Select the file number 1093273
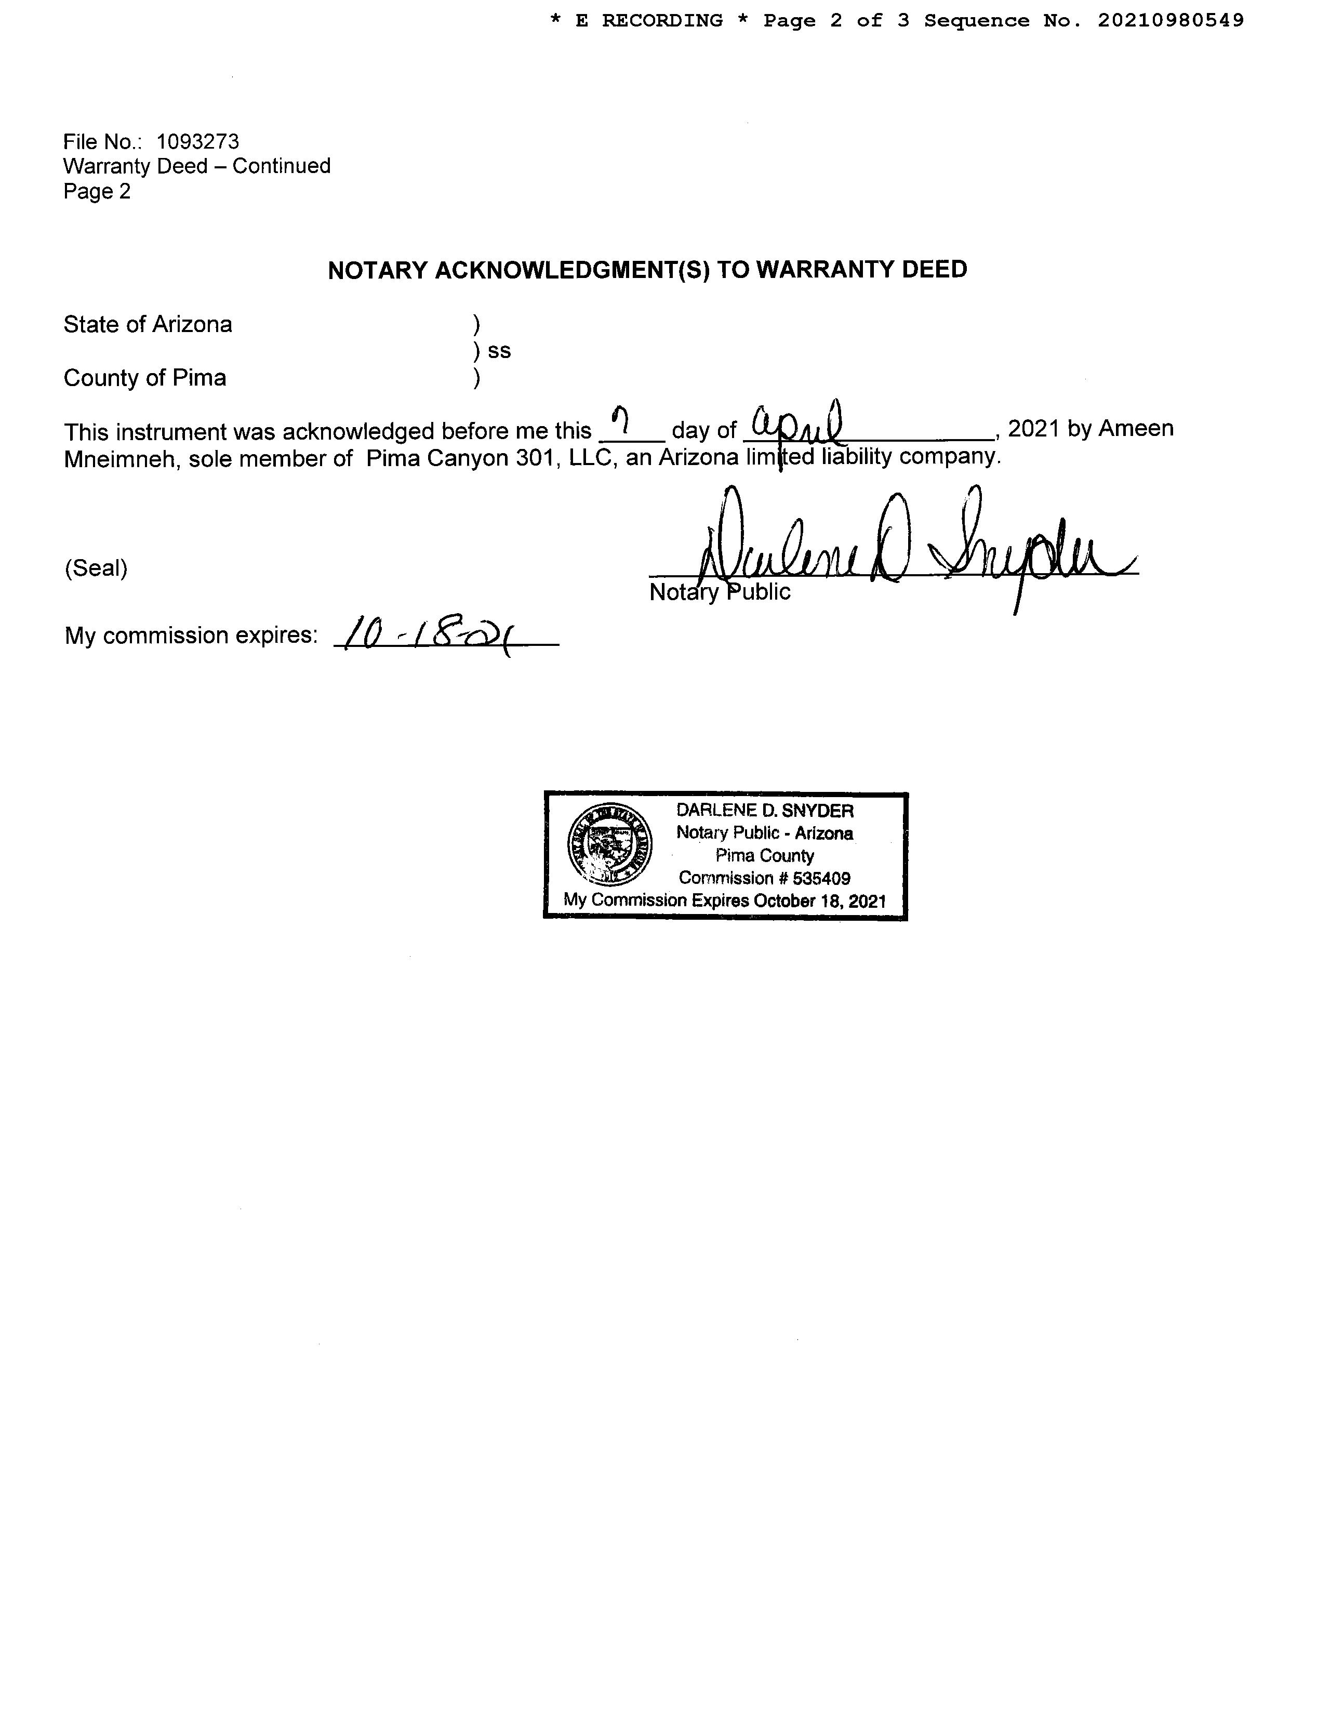point(198,142)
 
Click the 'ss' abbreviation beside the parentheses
point(500,351)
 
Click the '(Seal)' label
point(96,568)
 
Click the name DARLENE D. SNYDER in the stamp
point(764,811)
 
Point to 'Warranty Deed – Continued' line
point(197,166)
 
